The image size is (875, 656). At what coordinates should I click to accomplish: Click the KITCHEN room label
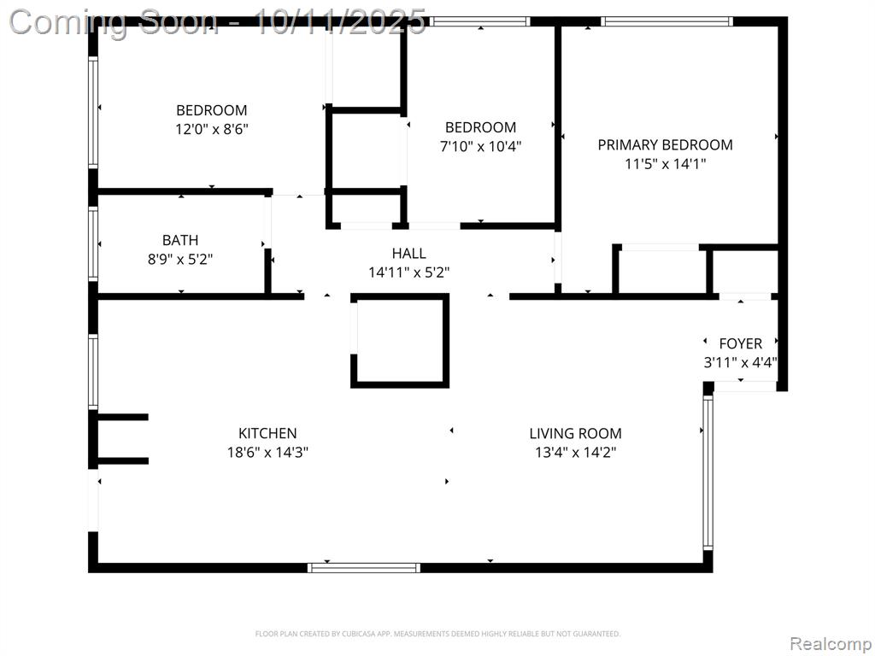pyautogui.click(x=267, y=433)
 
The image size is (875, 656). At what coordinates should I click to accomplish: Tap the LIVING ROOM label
pyautogui.click(x=575, y=433)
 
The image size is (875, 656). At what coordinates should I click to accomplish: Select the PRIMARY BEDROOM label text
pyautogui.click(x=665, y=145)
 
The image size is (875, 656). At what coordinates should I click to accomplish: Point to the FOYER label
pyautogui.click(x=741, y=343)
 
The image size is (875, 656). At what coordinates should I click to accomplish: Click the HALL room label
pyautogui.click(x=409, y=254)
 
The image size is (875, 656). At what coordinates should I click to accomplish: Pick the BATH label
pyautogui.click(x=180, y=240)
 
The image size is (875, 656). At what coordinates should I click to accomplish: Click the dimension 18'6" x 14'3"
pyautogui.click(x=267, y=453)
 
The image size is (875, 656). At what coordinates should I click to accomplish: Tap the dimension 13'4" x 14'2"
pyautogui.click(x=575, y=453)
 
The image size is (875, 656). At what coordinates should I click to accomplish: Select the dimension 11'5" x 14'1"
pyautogui.click(x=665, y=164)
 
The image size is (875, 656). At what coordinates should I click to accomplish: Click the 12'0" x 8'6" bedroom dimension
pyautogui.click(x=212, y=130)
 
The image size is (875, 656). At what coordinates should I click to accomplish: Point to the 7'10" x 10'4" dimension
pyautogui.click(x=480, y=147)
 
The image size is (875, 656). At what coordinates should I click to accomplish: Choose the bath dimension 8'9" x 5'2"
pyautogui.click(x=180, y=260)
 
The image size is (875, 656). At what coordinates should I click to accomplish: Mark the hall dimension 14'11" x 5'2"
pyautogui.click(x=409, y=272)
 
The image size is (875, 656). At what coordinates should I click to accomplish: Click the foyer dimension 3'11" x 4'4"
pyautogui.click(x=741, y=362)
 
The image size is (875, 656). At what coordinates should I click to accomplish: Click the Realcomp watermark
pyautogui.click(x=831, y=644)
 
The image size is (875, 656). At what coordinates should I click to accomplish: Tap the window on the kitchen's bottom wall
pyautogui.click(x=364, y=568)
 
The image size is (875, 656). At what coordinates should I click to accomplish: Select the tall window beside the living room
pyautogui.click(x=708, y=471)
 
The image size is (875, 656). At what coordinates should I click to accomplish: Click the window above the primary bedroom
pyautogui.click(x=667, y=21)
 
